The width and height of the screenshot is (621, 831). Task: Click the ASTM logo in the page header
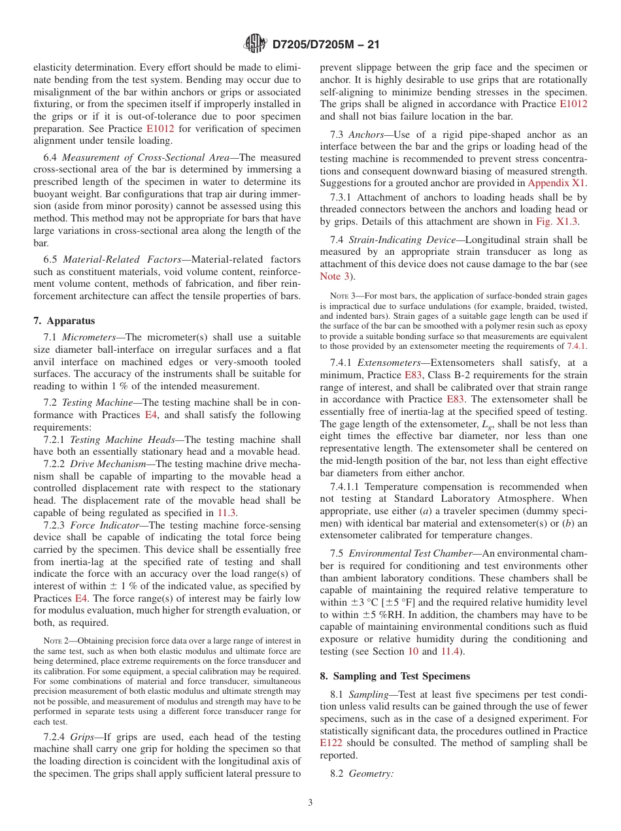click(255, 44)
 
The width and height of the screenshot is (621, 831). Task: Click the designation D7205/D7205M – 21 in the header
click(325, 45)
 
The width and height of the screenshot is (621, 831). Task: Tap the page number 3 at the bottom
click(310, 802)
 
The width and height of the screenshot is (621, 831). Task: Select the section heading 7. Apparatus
click(64, 321)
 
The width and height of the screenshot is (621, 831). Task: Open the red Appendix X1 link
click(557, 183)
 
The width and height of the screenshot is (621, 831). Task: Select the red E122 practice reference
click(331, 743)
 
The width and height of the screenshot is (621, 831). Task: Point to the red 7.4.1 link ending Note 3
click(577, 345)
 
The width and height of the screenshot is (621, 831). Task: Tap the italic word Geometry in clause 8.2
click(371, 774)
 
